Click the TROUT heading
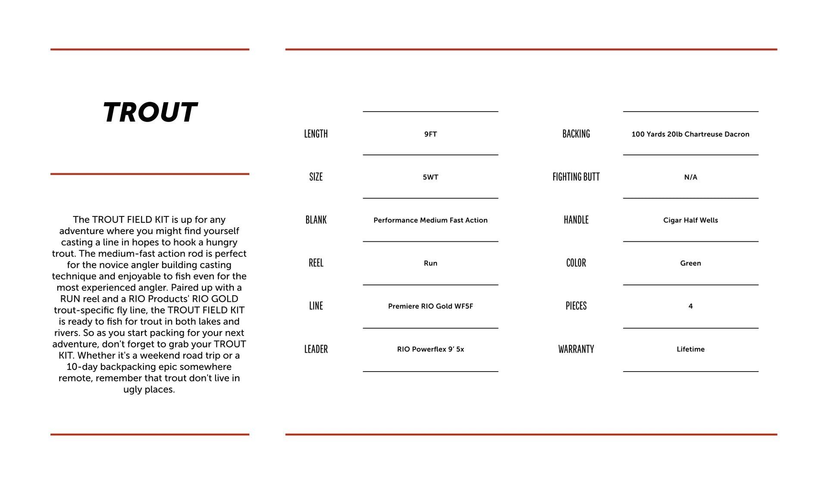(x=150, y=113)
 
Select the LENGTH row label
(x=316, y=134)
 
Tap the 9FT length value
(x=430, y=134)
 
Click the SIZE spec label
(x=316, y=177)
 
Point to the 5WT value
(x=430, y=177)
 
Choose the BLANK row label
(x=316, y=220)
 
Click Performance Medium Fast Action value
(x=430, y=220)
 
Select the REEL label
(x=316, y=263)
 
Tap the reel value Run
(x=430, y=263)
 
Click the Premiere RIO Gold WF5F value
(x=430, y=306)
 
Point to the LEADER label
(x=316, y=349)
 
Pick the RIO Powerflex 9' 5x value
(x=430, y=349)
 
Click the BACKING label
(x=576, y=134)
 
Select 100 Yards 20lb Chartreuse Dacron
(x=690, y=134)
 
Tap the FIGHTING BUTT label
(x=576, y=177)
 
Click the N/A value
(x=690, y=177)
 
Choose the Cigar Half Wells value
(x=690, y=220)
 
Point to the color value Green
(x=690, y=263)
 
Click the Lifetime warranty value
(x=690, y=349)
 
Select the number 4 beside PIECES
(x=690, y=306)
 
